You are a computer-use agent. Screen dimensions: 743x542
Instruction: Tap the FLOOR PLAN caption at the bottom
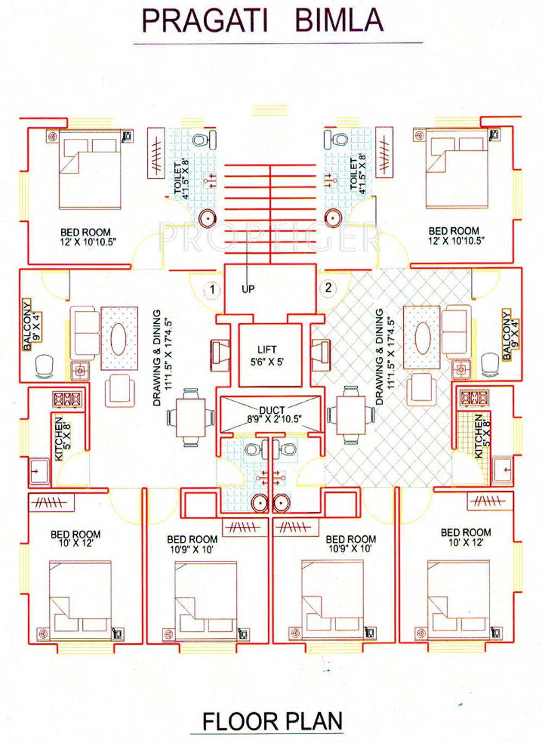pyautogui.click(x=272, y=721)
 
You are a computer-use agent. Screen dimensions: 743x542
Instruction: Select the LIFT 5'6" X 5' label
pyautogui.click(x=267, y=356)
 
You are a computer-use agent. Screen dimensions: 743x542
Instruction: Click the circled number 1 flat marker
pyautogui.click(x=212, y=290)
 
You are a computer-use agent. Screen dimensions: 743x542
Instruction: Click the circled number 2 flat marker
pyautogui.click(x=328, y=288)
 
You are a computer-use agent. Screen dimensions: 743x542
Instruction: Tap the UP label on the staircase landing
pyautogui.click(x=248, y=289)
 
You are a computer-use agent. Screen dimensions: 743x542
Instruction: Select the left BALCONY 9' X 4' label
pyautogui.click(x=31, y=325)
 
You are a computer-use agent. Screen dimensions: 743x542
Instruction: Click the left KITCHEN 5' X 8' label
pyautogui.click(x=62, y=438)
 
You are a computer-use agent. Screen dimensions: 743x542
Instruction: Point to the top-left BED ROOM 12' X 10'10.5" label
pyautogui.click(x=87, y=237)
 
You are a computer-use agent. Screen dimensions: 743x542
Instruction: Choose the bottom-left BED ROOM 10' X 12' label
pyautogui.click(x=75, y=539)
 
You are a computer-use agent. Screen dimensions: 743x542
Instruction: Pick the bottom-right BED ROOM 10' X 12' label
pyautogui.click(x=466, y=537)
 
